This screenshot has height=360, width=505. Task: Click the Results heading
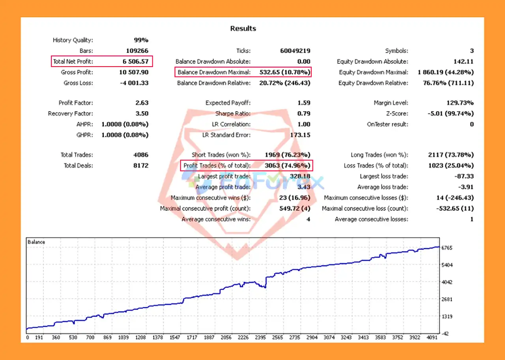tap(243, 28)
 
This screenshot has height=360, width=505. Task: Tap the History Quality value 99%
tap(140, 40)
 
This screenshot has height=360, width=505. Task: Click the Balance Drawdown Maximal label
tap(214, 72)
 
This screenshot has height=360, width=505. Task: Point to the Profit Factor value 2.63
tap(142, 103)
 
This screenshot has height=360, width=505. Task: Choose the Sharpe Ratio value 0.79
tap(303, 114)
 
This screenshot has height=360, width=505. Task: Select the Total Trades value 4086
tap(141, 155)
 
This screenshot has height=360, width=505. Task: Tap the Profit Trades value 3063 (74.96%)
tap(287, 166)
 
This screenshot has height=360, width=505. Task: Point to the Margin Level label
tap(391, 103)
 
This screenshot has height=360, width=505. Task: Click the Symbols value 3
tap(472, 51)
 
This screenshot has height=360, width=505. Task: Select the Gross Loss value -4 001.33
tap(131, 83)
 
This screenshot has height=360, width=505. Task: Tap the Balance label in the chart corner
tap(36, 242)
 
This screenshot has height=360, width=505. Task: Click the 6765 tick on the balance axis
tap(447, 248)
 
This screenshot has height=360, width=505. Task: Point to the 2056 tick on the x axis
tap(226, 338)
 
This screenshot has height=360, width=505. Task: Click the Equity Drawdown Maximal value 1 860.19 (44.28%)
tap(446, 72)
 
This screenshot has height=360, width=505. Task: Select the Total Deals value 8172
tap(141, 166)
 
